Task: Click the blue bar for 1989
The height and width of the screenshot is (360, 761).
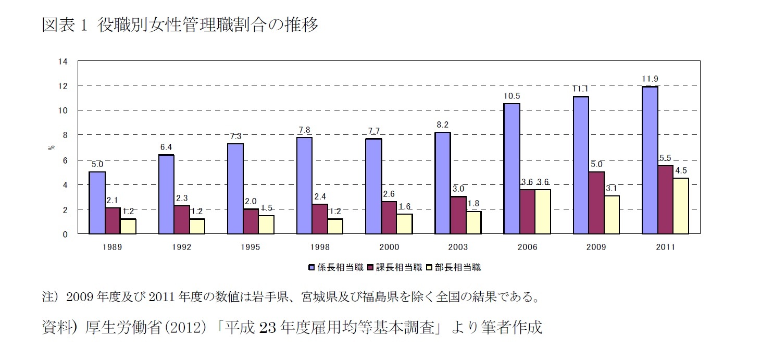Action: coord(97,203)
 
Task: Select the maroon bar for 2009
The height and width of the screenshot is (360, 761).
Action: coord(596,203)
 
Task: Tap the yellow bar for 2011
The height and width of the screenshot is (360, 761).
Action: coord(681,206)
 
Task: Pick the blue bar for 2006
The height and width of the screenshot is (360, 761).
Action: coord(512,169)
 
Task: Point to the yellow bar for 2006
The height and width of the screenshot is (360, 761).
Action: coord(543,212)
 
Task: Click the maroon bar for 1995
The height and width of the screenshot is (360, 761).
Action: coord(251,221)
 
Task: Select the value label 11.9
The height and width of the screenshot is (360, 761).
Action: coord(650,79)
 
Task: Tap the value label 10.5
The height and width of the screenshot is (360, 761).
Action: coord(512,96)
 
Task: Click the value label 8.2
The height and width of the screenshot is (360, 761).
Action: coord(442,125)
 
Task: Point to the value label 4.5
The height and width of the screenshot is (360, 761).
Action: coord(681,170)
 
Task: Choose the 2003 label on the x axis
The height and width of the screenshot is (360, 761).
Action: coord(458,247)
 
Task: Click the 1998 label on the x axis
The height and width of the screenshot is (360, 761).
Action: coord(320,247)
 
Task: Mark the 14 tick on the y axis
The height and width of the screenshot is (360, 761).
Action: coord(63,61)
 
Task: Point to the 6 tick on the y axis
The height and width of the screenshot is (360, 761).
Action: coord(65,160)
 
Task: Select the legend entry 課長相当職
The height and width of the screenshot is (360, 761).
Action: coord(394,267)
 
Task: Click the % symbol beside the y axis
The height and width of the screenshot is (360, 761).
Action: coord(51,147)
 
